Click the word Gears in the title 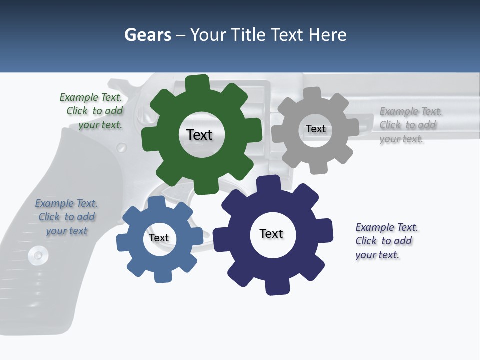click(147, 35)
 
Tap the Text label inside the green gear click(199, 135)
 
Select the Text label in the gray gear click(316, 129)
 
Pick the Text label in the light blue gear click(159, 238)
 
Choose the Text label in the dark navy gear click(271, 233)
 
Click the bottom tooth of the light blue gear click(161, 276)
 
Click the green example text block click(92, 111)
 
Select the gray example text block click(410, 125)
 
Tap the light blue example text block click(66, 217)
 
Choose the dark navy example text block click(386, 241)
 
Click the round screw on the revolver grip click(38, 255)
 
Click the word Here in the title click(328, 35)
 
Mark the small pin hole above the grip click(121, 147)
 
